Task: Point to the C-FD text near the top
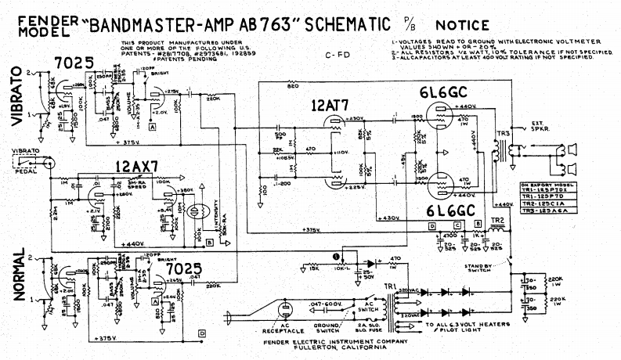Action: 336,56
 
